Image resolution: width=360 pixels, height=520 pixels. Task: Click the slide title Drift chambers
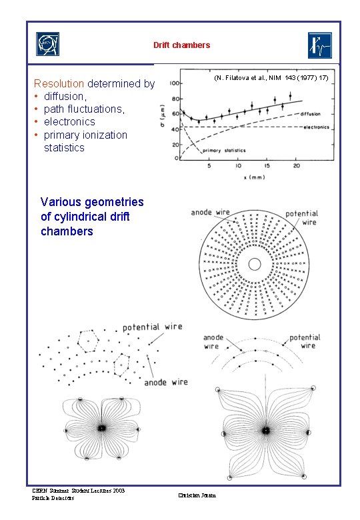[x=181, y=45]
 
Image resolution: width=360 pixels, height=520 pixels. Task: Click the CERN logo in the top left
[x=47, y=45]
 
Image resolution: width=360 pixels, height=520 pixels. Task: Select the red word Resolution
[x=59, y=84]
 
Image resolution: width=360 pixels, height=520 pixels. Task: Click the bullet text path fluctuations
[x=84, y=109]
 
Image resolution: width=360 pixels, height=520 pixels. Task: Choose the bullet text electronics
[x=69, y=122]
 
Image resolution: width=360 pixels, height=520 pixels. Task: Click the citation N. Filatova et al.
[x=270, y=78]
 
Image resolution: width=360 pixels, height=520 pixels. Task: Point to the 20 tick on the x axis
[x=295, y=165]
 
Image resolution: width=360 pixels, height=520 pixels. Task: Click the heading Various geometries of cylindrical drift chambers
[x=92, y=217]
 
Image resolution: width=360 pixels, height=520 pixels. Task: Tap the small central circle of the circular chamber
[x=254, y=264]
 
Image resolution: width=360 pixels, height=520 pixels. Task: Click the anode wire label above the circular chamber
[x=210, y=213]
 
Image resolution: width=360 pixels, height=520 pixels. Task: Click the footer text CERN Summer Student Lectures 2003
[x=79, y=491]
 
